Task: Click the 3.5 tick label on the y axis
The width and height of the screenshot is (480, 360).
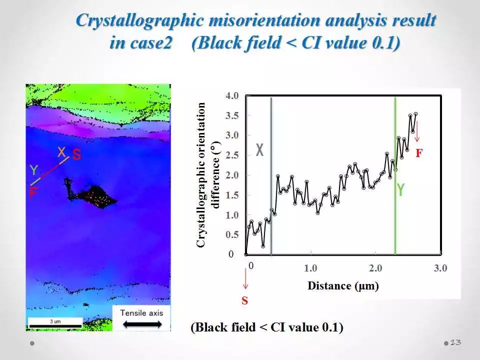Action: [232, 115]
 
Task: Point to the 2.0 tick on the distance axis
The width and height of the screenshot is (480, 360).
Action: [375, 268]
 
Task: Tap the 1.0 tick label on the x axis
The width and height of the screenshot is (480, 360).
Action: [310, 268]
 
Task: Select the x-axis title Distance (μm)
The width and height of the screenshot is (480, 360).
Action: [343, 285]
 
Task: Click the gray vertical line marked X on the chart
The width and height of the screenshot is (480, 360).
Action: [271, 175]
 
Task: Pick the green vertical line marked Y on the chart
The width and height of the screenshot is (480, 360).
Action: [395, 175]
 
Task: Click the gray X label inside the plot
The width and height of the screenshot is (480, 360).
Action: [259, 150]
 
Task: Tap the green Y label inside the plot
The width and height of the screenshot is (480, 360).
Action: [400, 189]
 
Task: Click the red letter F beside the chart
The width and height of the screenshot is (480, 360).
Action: [419, 153]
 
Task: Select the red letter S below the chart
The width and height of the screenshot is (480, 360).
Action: [244, 300]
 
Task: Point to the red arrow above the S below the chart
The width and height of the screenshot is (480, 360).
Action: [245, 278]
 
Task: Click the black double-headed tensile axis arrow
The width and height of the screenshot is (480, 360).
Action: [142, 324]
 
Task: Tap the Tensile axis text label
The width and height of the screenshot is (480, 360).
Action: [141, 313]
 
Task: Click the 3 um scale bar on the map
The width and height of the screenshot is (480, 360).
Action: [55, 325]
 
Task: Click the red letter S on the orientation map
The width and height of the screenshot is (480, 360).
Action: [76, 154]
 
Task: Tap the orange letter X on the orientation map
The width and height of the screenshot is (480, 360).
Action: [62, 152]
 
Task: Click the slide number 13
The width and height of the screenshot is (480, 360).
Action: [455, 342]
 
